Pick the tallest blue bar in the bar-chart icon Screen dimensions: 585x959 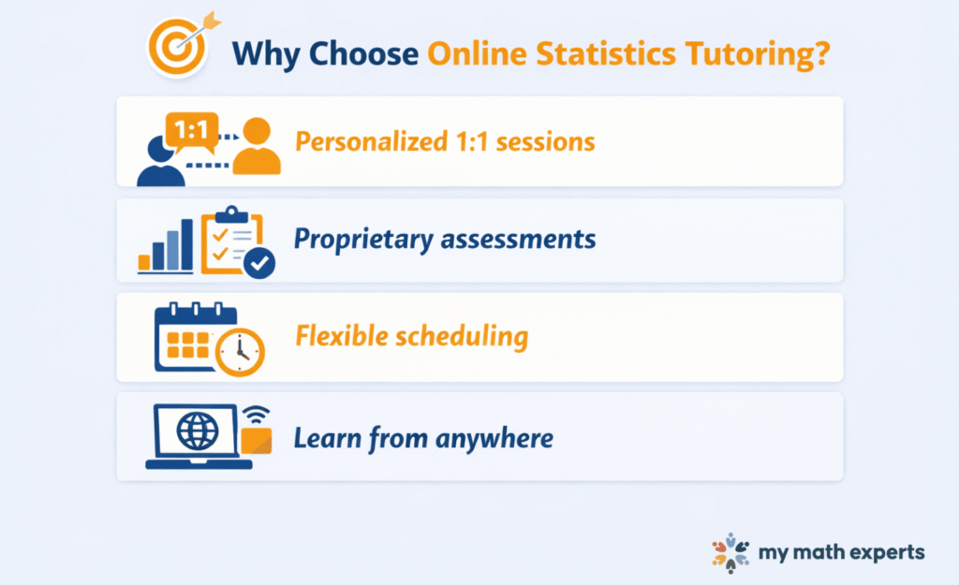point(186,244)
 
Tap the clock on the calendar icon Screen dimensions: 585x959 point(240,352)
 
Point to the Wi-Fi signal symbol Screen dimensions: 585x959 point(256,415)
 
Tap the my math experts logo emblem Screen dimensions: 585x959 point(730,552)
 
